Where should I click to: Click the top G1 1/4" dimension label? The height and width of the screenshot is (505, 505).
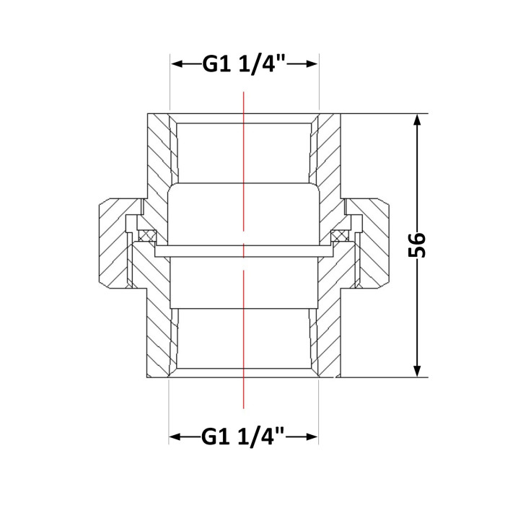[244, 64]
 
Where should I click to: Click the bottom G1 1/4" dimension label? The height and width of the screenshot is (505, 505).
[243, 436]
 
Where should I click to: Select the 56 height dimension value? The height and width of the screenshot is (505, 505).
[417, 245]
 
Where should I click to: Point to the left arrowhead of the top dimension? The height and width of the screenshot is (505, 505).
[177, 64]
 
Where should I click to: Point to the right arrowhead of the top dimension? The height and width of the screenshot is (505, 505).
[312, 64]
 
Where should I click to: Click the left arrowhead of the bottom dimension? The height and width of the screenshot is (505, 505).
[175, 437]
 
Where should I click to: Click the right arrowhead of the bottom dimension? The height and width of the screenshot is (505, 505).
[312, 437]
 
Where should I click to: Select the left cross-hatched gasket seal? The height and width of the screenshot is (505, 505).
[147, 235]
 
